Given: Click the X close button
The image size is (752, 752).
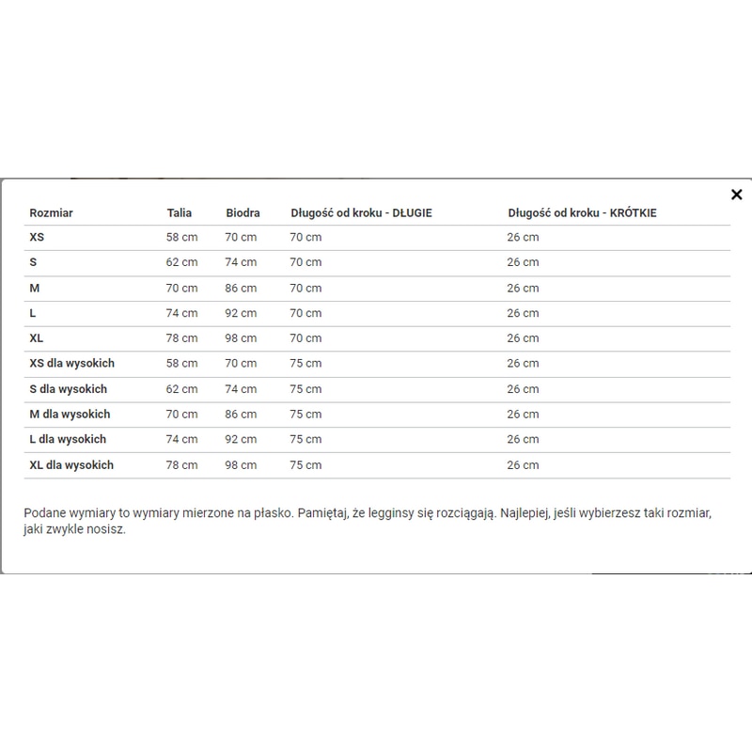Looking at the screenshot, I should click(x=736, y=195).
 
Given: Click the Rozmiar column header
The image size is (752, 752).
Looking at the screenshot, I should click(x=51, y=213).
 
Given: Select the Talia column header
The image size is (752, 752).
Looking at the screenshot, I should click(x=180, y=213).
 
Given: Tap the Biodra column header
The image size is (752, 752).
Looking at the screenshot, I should click(x=243, y=213).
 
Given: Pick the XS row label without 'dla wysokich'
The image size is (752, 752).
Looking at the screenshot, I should click(x=38, y=238).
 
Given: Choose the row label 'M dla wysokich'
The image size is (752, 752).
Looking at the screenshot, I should click(x=70, y=415).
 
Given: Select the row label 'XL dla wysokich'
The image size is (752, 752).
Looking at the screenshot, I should click(x=71, y=465).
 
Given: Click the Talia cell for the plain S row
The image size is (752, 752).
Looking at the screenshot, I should click(x=182, y=263).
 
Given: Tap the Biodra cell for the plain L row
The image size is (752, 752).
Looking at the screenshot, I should click(x=241, y=313).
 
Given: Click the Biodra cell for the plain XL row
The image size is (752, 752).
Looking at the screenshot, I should click(x=241, y=338).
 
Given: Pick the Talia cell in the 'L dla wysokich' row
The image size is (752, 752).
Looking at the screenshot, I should click(x=182, y=440).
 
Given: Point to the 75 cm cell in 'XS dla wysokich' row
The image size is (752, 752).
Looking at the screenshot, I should click(x=305, y=364).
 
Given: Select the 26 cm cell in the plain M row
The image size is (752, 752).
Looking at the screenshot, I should click(x=523, y=289).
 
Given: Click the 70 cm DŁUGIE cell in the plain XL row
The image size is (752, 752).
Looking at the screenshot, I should click(x=305, y=338).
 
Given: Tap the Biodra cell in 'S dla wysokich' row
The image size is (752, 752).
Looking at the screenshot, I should click(x=241, y=389).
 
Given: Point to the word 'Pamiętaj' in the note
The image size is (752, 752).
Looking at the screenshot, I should click(x=323, y=512).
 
